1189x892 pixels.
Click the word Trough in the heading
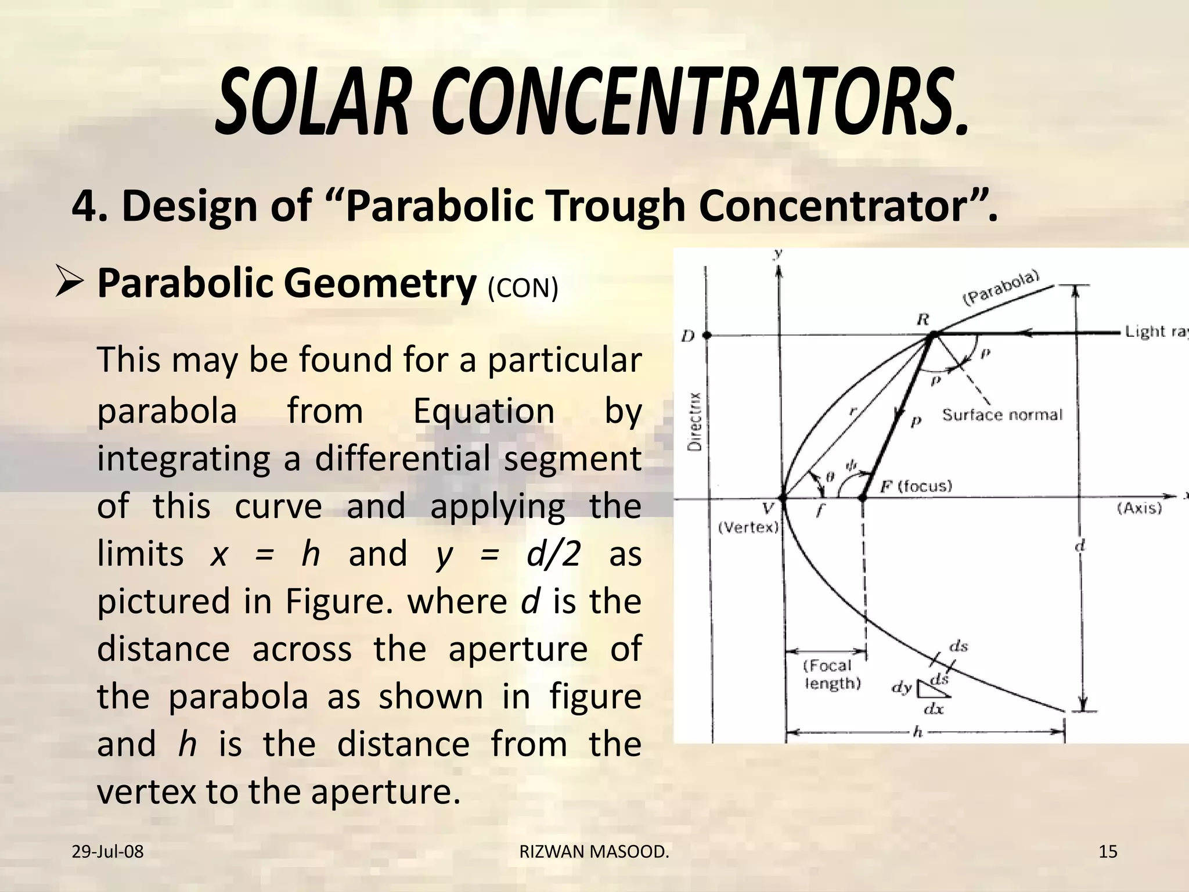point(615,206)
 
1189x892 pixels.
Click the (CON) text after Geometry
point(523,288)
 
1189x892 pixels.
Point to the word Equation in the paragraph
point(484,411)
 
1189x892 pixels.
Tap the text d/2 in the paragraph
point(553,553)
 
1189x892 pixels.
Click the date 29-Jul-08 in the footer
point(107,852)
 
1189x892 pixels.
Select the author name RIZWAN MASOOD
point(594,852)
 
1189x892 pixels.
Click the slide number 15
point(1108,852)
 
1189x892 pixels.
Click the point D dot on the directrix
point(707,335)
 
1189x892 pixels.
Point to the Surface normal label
point(1002,415)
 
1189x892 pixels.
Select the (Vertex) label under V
point(748,527)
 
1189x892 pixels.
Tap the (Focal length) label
point(831,674)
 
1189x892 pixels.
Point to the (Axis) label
point(1139,508)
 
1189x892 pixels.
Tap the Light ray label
point(1155,332)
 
